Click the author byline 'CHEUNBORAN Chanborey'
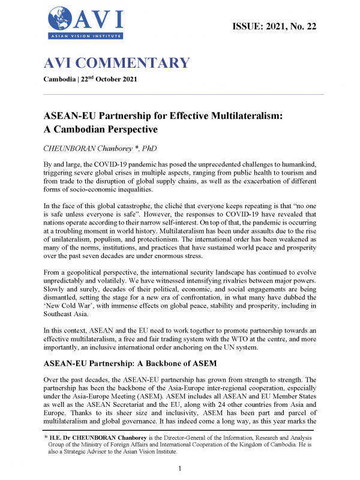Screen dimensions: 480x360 pos(92,148)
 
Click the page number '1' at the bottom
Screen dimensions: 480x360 pos(180,467)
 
